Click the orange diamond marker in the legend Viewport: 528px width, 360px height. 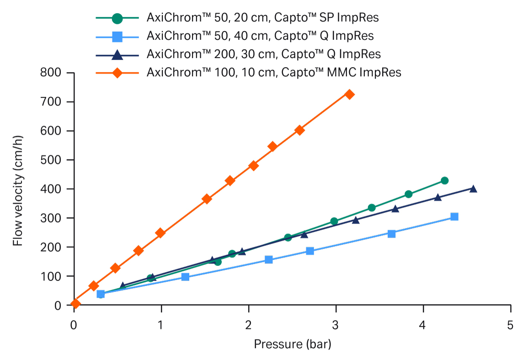coord(117,72)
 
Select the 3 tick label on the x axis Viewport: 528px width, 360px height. coord(336,325)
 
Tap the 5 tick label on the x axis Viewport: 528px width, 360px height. coord(511,325)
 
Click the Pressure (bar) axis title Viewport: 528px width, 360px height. coord(292,344)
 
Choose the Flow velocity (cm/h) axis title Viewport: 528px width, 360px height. coord(18,189)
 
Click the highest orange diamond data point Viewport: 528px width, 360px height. coord(349,95)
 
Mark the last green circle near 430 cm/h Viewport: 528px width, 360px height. coord(444,180)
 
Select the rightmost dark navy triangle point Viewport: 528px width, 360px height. coord(473,189)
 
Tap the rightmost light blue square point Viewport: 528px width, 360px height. coord(454,217)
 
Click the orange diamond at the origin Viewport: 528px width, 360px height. coord(75,303)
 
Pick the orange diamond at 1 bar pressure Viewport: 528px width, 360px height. coord(160,233)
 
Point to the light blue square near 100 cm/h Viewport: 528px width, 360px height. coord(185,277)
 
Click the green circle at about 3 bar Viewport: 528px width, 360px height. coord(334,222)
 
